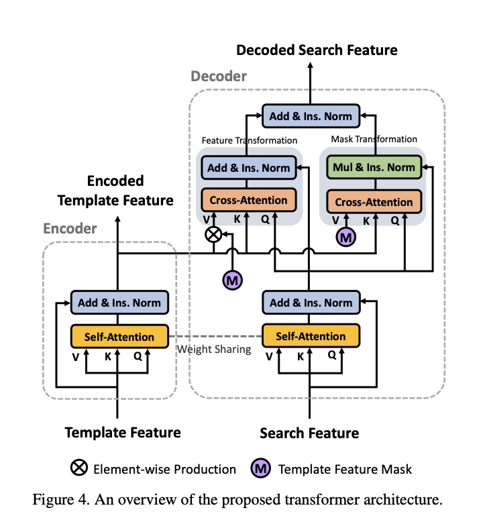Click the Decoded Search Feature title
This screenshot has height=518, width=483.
click(317, 50)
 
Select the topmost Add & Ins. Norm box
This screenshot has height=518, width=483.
click(311, 116)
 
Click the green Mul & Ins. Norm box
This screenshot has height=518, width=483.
click(374, 168)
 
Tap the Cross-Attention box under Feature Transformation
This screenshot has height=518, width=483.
click(249, 201)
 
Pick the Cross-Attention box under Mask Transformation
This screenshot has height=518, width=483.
click(374, 201)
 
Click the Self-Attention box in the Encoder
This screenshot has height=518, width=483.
click(119, 336)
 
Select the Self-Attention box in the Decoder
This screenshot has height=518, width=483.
click(311, 335)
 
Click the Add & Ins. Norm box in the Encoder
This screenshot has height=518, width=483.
click(119, 303)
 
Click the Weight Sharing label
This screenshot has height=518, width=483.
click(213, 350)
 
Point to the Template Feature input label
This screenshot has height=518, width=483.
click(123, 433)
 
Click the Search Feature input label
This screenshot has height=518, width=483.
click(309, 433)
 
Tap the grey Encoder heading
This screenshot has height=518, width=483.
click(70, 229)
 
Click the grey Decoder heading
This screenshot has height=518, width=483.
click(219, 76)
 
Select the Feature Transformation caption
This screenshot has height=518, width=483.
click(249, 140)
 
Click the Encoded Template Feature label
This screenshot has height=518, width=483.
click(115, 191)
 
